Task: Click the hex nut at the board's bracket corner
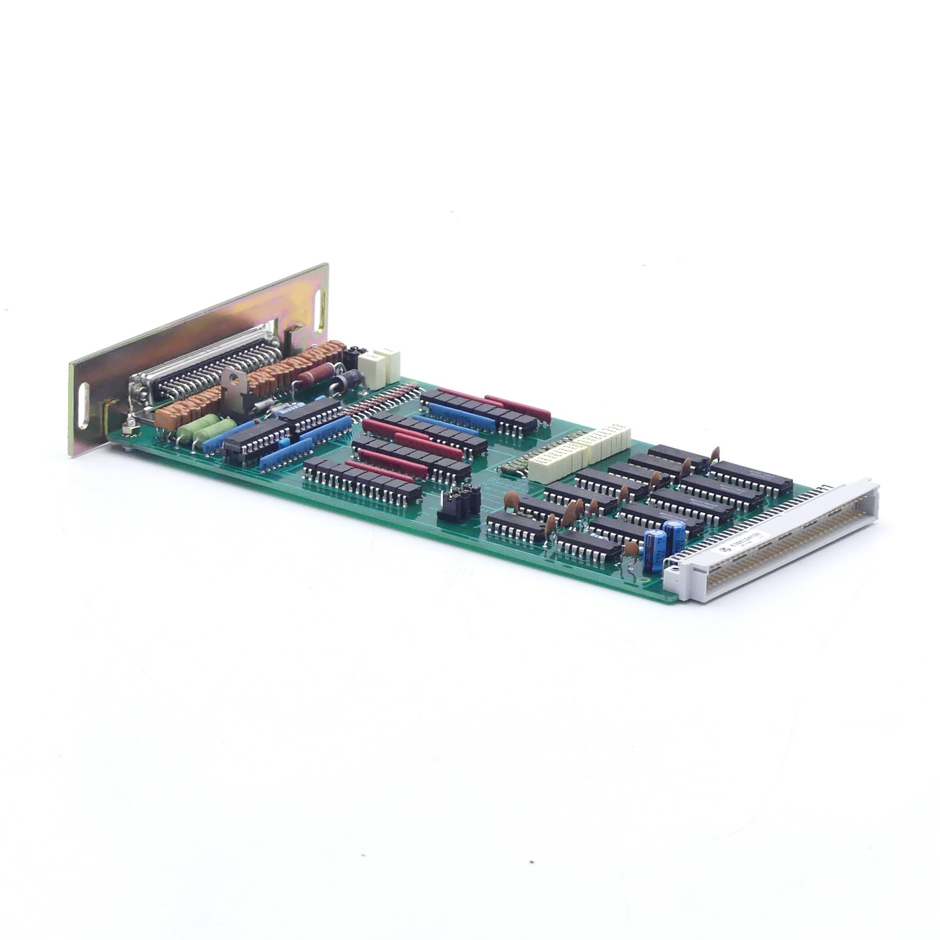click(x=131, y=429)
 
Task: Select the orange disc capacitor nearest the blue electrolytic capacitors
click(x=631, y=549)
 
